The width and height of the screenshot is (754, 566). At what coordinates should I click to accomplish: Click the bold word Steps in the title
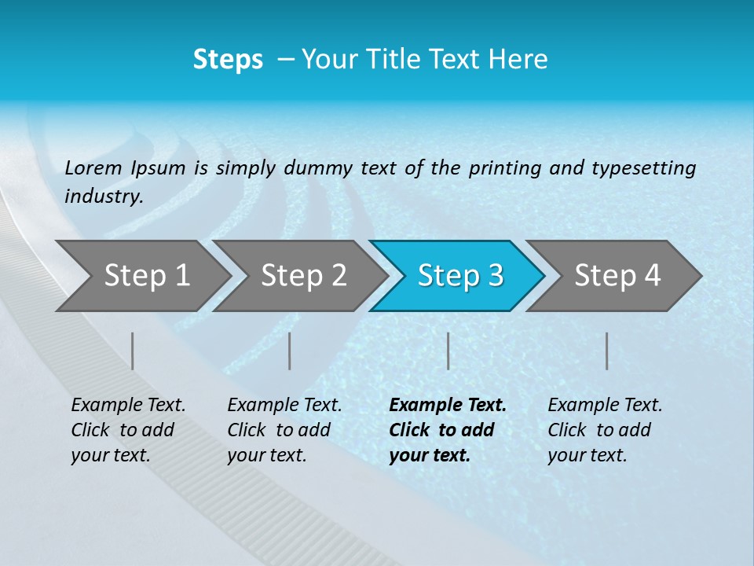pyautogui.click(x=228, y=60)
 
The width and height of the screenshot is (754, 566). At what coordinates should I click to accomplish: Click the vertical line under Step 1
pyautogui.click(x=133, y=351)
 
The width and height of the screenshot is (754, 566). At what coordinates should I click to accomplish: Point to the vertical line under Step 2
pyautogui.click(x=290, y=351)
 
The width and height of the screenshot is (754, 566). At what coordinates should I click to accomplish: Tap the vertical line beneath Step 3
pyautogui.click(x=448, y=351)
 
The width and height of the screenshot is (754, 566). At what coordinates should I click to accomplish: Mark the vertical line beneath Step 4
pyautogui.click(x=606, y=351)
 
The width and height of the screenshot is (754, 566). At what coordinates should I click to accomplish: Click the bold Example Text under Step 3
pyautogui.click(x=447, y=430)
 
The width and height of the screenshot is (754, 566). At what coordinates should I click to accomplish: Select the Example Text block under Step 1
pyautogui.click(x=128, y=430)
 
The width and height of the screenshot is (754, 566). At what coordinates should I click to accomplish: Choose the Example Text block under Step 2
pyautogui.click(x=284, y=430)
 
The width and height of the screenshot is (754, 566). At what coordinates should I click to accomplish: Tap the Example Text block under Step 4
pyautogui.click(x=605, y=430)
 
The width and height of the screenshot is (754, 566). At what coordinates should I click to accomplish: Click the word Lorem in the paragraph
pyautogui.click(x=93, y=167)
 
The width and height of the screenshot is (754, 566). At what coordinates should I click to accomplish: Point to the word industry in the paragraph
pyautogui.click(x=104, y=196)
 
